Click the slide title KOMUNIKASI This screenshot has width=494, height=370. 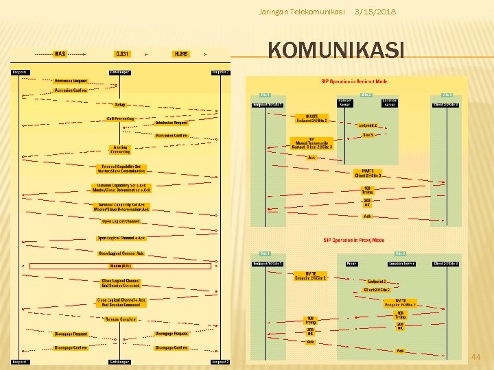click(336, 51)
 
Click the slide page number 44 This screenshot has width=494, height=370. click(476, 357)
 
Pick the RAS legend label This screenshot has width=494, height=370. click(60, 53)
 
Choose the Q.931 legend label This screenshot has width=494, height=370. click(122, 53)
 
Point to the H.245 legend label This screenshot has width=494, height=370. click(181, 53)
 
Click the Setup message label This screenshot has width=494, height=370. click(120, 105)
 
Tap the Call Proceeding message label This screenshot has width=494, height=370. click(120, 119)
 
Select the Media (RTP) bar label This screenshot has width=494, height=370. click(120, 266)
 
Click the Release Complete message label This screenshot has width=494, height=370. click(120, 319)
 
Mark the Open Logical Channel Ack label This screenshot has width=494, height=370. click(120, 252)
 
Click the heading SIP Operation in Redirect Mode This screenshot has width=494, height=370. click(354, 82)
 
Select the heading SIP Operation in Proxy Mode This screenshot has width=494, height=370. click(354, 241)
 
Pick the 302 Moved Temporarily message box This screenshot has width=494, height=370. click(311, 143)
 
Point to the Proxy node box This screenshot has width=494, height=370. click(351, 263)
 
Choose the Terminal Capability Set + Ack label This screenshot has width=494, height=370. click(120, 188)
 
